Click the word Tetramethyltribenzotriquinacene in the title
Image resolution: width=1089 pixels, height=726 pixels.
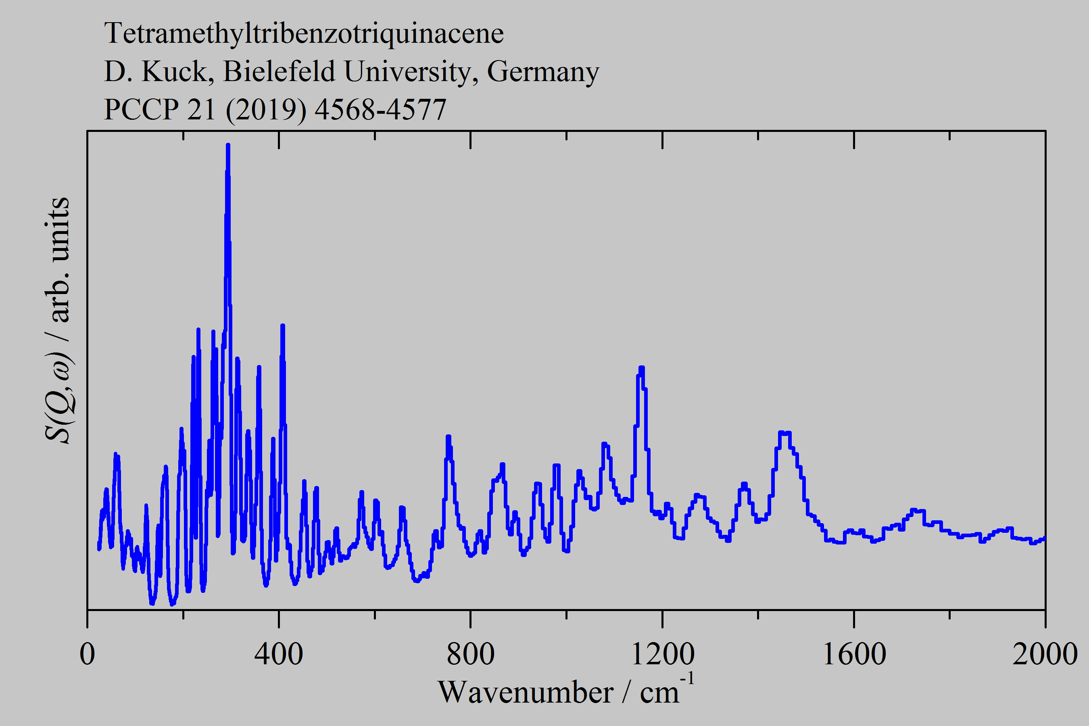pos(304,33)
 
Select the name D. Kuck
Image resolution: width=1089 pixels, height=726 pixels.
pos(156,71)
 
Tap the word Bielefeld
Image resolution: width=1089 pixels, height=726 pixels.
pos(279,71)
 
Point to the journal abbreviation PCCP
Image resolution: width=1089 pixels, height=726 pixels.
pos(141,110)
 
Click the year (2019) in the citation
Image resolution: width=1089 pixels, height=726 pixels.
pos(266,110)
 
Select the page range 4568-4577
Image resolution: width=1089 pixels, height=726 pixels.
pos(380,110)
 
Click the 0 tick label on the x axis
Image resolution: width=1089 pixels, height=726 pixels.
pos(88,654)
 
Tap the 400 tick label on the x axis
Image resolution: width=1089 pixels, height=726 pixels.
pos(279,654)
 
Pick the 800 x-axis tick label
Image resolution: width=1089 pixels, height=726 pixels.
pos(470,654)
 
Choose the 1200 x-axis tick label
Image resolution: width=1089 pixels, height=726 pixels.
pos(662,654)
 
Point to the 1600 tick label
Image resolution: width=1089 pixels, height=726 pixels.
pos(854,654)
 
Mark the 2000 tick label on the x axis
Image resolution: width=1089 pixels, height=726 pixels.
pos(1045,654)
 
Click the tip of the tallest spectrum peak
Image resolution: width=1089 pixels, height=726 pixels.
pos(228,145)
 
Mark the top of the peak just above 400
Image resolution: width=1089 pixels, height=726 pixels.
pos(282,326)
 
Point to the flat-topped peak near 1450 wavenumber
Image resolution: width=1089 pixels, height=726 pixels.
pos(785,433)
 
